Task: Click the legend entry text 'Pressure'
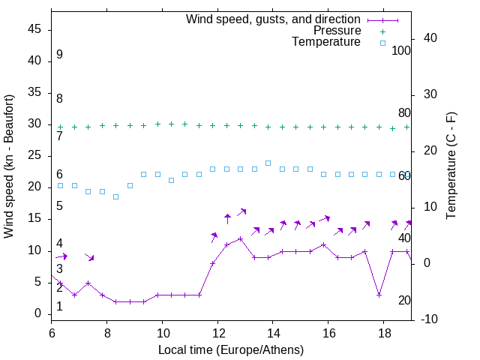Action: (x=337, y=31)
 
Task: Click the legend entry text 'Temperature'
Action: (x=326, y=43)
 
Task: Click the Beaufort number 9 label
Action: (x=59, y=55)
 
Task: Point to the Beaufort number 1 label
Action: (x=59, y=307)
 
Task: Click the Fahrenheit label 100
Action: (x=401, y=51)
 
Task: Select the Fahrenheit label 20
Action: (x=404, y=301)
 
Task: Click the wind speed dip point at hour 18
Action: (x=379, y=295)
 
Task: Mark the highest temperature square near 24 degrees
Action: (x=268, y=163)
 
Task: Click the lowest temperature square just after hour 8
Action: (x=115, y=196)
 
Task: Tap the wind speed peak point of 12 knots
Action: (x=240, y=238)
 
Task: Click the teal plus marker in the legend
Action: (x=382, y=31)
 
